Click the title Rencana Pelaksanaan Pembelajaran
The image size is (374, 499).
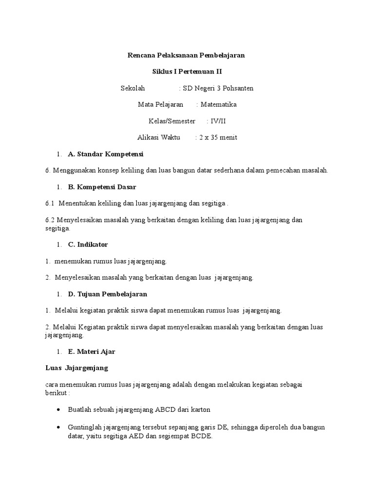point(186,56)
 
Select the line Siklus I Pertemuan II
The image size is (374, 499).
point(187,72)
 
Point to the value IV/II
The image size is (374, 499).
point(216,121)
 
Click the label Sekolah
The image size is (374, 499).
point(133,88)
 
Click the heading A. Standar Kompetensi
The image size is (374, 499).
point(106,154)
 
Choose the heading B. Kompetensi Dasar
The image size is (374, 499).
point(102,187)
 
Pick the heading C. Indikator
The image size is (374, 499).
point(88,245)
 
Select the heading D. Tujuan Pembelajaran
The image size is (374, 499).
point(107,294)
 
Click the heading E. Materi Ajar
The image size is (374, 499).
point(92,351)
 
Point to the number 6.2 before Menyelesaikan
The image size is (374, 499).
point(50,220)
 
